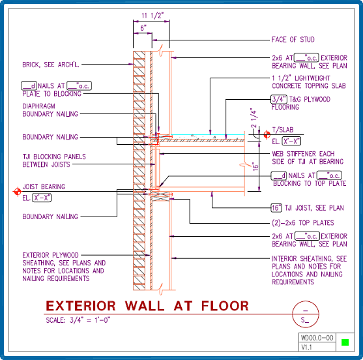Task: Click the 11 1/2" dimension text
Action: pos(152,16)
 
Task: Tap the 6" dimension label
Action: pos(143,28)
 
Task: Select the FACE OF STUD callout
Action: pos(293,40)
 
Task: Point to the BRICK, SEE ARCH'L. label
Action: pos(51,65)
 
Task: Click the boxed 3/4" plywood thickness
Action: pos(279,99)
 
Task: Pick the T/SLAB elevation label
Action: pos(283,130)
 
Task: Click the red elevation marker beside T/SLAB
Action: pos(267,134)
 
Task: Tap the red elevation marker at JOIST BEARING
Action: pos(18,192)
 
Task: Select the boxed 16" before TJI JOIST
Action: pos(276,208)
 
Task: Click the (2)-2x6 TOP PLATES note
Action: pos(303,223)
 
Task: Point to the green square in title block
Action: pos(345,342)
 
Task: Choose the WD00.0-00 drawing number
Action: pos(317,338)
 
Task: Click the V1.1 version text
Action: pos(307,347)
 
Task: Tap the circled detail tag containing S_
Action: pos(306,301)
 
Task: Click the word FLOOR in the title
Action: pos(225,306)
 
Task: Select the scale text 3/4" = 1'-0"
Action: pos(89,320)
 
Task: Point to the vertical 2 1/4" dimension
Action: pos(254,118)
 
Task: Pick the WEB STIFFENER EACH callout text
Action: pos(303,154)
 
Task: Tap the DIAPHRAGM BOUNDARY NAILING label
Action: pos(50,110)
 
